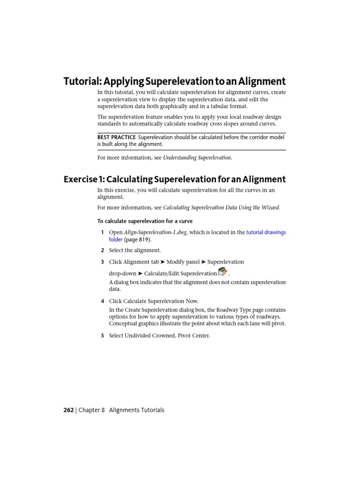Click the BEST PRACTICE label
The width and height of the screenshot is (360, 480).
tap(116, 137)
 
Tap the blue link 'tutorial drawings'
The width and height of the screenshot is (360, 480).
tap(266, 232)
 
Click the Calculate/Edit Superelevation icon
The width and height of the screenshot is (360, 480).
tap(223, 272)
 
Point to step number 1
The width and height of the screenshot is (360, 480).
tap(102, 232)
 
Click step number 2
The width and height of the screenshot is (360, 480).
tap(102, 250)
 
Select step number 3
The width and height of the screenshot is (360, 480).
tap(102, 262)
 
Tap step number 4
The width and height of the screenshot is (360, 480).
tap(102, 301)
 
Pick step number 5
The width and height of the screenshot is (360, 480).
tap(102, 336)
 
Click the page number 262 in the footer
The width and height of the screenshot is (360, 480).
tap(68, 410)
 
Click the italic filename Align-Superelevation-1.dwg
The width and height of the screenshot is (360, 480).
tap(155, 232)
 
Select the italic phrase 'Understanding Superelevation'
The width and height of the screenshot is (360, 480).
tap(197, 157)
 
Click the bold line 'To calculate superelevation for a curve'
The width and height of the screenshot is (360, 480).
tap(145, 221)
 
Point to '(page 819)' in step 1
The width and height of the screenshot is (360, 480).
tap(138, 240)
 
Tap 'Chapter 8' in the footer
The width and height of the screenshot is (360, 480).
tap(91, 410)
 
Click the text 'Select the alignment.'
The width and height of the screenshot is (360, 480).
tap(135, 250)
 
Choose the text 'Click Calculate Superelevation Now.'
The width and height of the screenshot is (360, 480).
tap(154, 301)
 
